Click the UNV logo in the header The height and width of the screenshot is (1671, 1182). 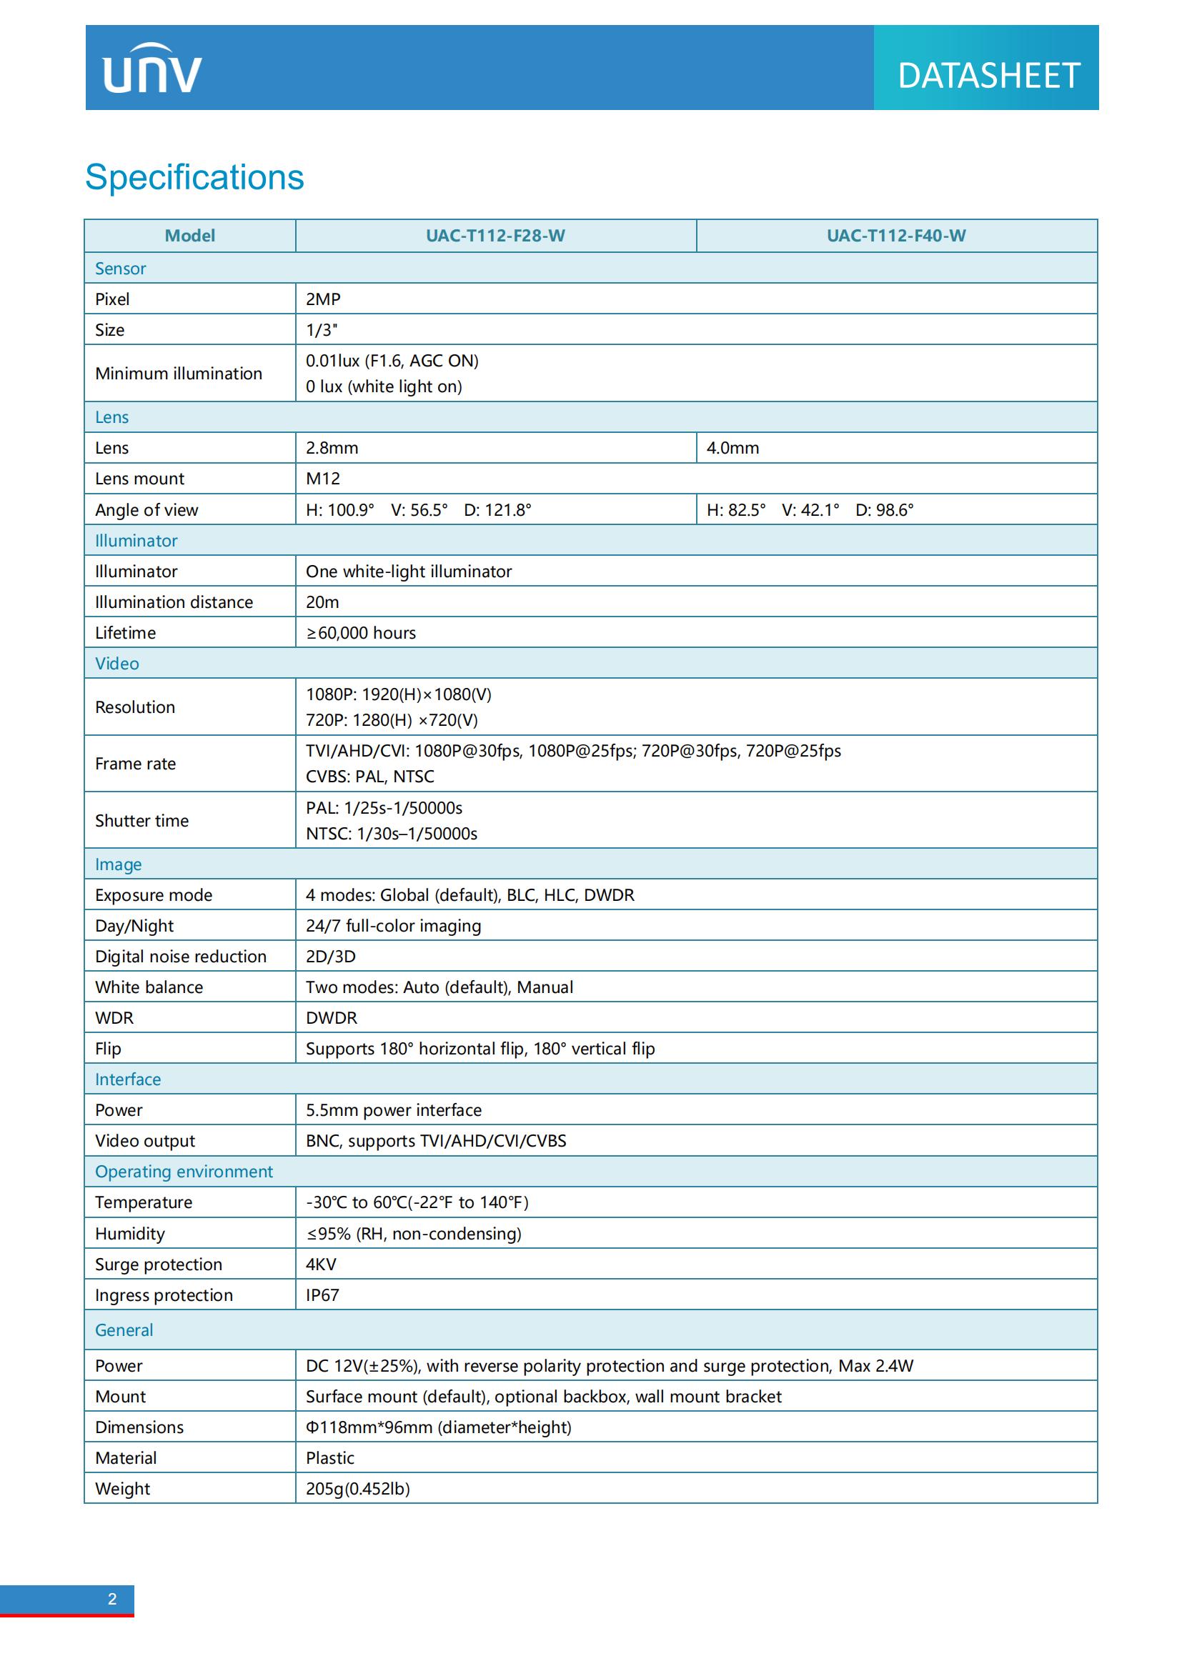pos(152,69)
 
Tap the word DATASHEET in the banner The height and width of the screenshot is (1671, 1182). pos(988,76)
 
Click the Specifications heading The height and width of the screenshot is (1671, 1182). pos(194,177)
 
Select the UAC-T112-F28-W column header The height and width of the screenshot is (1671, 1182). pos(495,236)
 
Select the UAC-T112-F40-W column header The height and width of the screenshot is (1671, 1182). pos(896,236)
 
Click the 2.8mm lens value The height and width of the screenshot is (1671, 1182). pos(332,448)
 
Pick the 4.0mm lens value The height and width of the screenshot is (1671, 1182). pos(732,448)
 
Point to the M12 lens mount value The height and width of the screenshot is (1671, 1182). pos(322,478)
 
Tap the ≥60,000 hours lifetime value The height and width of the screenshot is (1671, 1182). pos(361,632)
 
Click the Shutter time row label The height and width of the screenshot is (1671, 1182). pos(142,820)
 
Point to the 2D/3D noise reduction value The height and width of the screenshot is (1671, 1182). pos(330,957)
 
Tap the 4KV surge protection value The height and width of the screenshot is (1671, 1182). pos(321,1265)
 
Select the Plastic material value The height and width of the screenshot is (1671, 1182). pos(329,1458)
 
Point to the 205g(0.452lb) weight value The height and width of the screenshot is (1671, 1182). pos(357,1488)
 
